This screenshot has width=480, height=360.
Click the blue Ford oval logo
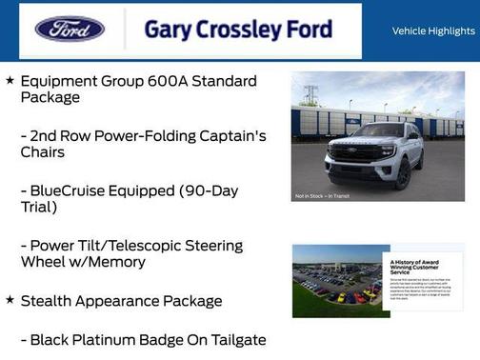(x=70, y=30)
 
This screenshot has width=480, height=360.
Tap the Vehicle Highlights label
(x=433, y=31)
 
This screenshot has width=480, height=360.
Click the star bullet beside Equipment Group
(x=10, y=81)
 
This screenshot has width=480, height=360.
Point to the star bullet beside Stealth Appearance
(x=10, y=300)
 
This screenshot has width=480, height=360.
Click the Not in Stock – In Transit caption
(x=321, y=196)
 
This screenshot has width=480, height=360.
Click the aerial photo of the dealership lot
(x=335, y=281)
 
